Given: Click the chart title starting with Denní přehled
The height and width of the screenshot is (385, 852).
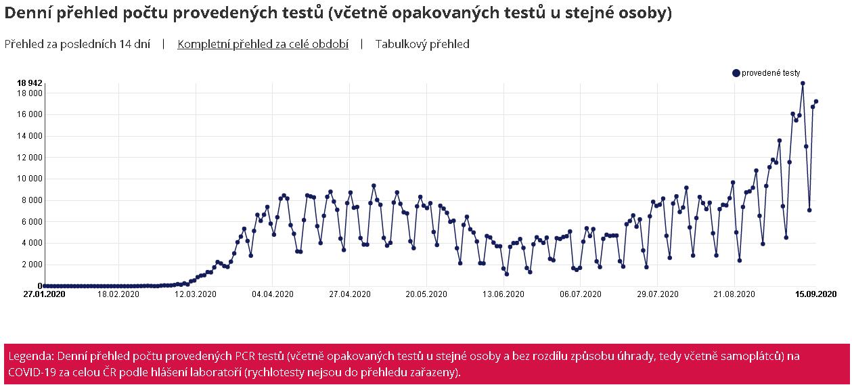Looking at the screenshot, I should click(338, 14).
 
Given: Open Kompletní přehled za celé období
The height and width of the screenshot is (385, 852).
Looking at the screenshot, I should click(263, 44).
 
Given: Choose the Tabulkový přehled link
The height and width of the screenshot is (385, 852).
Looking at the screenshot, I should click(422, 44).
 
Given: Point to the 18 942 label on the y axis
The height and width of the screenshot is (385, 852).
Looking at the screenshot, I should click(30, 83).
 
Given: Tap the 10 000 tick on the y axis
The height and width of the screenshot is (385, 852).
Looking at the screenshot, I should click(30, 179).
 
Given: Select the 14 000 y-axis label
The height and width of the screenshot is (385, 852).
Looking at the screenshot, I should click(30, 136).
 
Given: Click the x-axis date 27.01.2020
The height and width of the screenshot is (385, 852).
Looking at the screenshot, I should click(43, 294).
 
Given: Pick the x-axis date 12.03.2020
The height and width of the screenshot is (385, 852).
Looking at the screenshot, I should click(196, 294).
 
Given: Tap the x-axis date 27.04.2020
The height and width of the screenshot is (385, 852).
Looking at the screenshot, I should click(350, 294).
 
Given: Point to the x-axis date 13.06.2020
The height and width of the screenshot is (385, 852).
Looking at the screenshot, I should click(503, 294).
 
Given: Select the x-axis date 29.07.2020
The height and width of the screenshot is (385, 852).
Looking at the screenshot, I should click(658, 294).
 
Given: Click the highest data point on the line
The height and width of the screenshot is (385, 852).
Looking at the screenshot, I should click(803, 83).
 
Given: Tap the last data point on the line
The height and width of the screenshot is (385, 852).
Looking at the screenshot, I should click(816, 101).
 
